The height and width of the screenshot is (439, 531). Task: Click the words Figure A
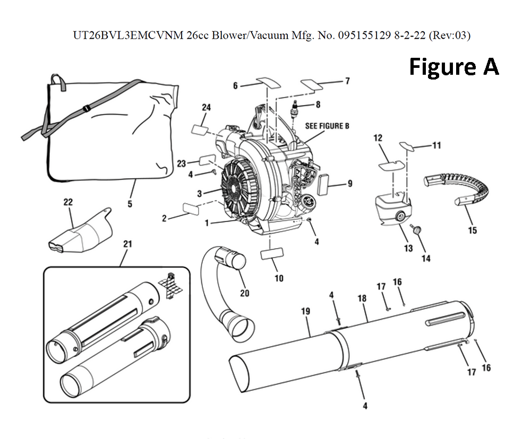(x=453, y=67)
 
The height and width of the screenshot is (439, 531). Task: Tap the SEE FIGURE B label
(x=327, y=126)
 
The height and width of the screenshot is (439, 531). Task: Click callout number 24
(x=206, y=108)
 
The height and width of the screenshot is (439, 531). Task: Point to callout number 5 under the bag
(x=130, y=203)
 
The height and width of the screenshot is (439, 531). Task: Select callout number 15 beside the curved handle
(x=472, y=230)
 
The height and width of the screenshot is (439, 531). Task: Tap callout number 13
(x=408, y=249)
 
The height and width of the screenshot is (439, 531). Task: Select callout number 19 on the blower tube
(x=305, y=311)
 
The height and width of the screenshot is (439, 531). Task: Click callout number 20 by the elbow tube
(x=244, y=293)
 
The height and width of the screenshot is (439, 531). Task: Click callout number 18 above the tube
(x=362, y=298)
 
